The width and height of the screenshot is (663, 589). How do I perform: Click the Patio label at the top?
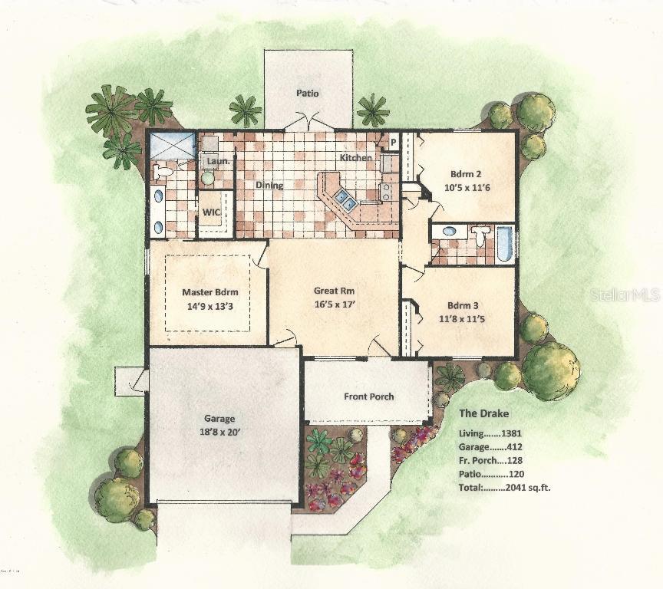308,94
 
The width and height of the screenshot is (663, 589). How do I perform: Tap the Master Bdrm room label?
209,292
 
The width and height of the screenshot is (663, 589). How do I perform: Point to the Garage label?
219,419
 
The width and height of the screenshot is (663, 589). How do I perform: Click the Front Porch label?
368,397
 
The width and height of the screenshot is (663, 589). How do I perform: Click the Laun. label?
214,162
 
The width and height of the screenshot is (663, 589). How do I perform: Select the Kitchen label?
356,158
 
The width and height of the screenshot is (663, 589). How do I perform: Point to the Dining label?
269,186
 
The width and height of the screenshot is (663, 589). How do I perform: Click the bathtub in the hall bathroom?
504,243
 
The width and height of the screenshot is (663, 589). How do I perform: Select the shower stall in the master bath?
171,145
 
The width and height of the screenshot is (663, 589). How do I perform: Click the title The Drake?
483,413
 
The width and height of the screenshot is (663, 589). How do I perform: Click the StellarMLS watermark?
622,294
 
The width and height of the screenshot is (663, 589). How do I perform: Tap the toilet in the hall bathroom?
481,235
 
